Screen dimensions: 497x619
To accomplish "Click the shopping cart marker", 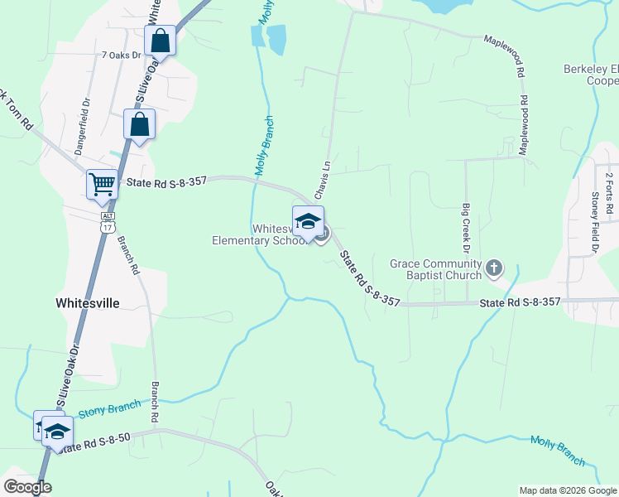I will tap(103, 184).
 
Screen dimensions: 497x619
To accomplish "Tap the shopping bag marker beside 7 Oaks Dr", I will tap(161, 41).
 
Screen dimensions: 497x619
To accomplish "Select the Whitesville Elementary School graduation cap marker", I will tap(308, 222).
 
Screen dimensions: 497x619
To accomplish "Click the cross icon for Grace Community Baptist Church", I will tap(494, 267).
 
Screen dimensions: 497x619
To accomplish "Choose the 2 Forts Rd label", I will tap(608, 192).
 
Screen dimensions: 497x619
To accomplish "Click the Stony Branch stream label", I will tap(109, 409).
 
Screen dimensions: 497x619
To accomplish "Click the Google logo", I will tap(28, 487).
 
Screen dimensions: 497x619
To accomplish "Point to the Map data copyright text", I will tap(567, 490).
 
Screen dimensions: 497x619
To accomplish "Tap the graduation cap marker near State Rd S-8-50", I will tap(57, 432).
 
